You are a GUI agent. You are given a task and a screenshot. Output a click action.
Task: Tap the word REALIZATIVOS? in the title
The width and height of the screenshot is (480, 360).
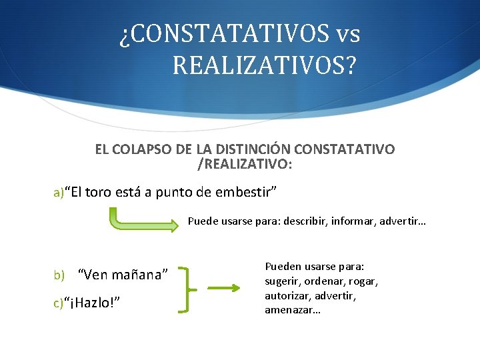264,66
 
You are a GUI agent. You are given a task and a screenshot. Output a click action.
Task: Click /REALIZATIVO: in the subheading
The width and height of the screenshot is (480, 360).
245,163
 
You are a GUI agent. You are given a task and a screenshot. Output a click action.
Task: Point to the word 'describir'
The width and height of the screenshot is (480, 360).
306,220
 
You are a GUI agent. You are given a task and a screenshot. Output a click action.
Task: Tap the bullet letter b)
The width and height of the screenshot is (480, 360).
59,275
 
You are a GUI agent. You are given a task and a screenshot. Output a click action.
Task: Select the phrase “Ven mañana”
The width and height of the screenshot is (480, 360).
124,274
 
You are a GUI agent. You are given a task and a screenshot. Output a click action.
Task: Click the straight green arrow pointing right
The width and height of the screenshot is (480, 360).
223,289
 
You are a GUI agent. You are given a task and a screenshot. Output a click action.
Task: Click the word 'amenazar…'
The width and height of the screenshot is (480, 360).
293,310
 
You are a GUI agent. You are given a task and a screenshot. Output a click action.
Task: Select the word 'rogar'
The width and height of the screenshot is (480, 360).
363,281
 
